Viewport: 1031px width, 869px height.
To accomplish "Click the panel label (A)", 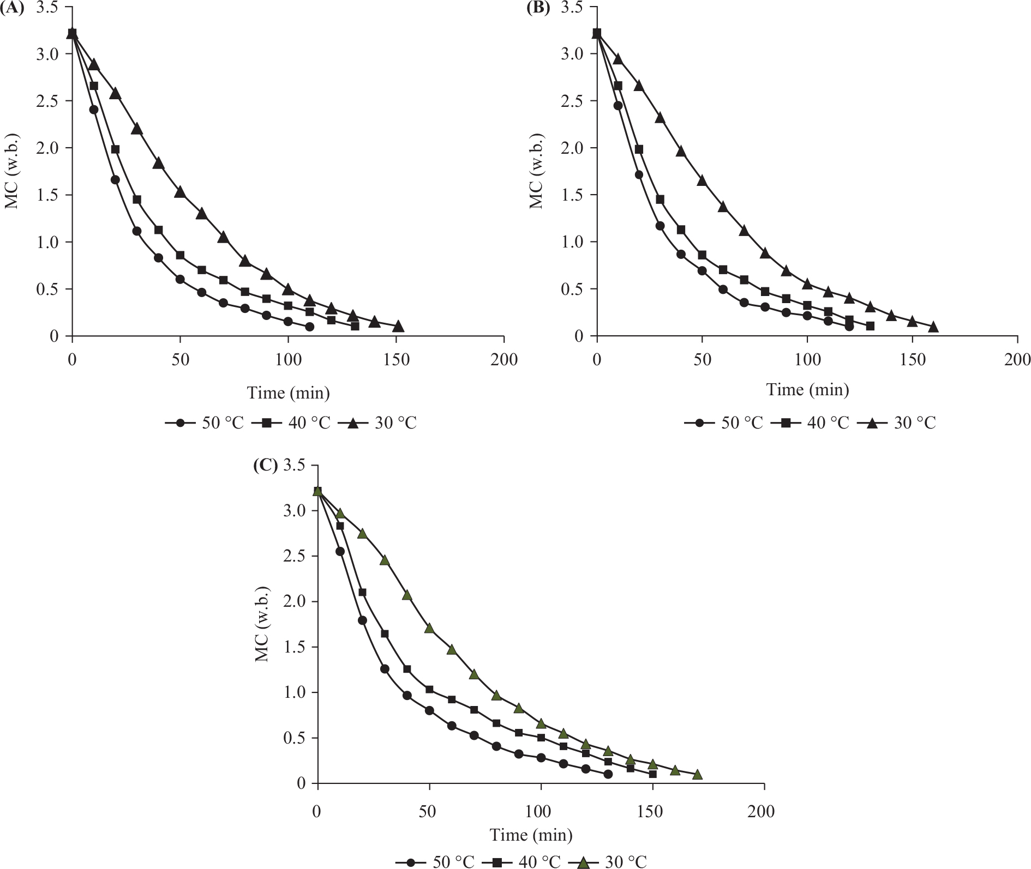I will [12, 9].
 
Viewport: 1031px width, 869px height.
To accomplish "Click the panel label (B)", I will [537, 9].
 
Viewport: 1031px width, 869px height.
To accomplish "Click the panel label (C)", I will [266, 466].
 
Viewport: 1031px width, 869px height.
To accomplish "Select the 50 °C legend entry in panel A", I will [205, 423].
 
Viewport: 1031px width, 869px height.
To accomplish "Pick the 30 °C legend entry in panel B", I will [901, 423].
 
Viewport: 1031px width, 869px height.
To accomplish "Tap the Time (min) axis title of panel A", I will [289, 393].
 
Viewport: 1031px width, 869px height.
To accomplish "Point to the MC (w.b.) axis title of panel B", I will [537, 171].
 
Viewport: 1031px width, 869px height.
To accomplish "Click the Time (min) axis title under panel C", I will [531, 835].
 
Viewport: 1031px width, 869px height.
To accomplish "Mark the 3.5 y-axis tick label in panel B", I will [572, 7].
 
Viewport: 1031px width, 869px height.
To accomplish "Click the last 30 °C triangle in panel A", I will [398, 327].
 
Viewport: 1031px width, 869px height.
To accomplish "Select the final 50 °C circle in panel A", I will [310, 327].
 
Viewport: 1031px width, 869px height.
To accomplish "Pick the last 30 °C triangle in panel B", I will [933, 327].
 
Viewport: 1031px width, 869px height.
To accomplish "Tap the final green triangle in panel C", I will [697, 775].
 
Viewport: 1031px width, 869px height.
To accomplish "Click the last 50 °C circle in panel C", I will [608, 775].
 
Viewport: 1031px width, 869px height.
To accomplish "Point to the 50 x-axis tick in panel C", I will [428, 811].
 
